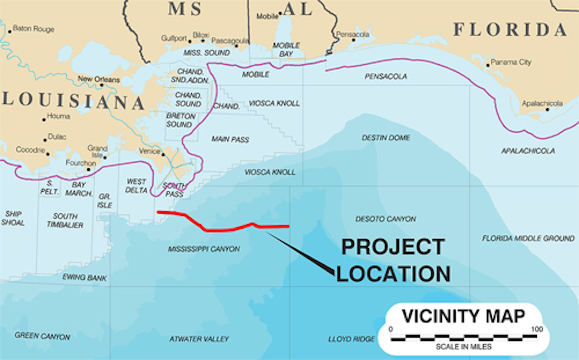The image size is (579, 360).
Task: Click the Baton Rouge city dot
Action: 10,31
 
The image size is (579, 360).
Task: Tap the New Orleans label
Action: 99,79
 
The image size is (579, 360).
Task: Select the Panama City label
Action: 511,62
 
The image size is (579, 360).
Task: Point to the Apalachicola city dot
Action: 547,109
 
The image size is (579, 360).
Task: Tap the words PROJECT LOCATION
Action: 393,260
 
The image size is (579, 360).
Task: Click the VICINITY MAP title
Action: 464,316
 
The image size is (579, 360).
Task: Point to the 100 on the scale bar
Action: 537,329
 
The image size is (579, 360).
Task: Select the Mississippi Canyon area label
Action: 204,249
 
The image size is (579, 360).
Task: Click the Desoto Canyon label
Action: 386,219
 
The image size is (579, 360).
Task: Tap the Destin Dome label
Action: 386,138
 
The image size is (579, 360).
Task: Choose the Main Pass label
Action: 230,139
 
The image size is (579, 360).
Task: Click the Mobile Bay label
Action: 286,49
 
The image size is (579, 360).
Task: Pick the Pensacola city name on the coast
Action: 353,35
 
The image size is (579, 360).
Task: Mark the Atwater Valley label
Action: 199,339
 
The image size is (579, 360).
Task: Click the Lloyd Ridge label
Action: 351,339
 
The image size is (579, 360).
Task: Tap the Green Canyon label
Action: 43,336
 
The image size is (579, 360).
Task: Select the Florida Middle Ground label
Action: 528,238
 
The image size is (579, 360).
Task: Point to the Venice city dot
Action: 163,154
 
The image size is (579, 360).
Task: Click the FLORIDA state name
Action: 510,30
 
